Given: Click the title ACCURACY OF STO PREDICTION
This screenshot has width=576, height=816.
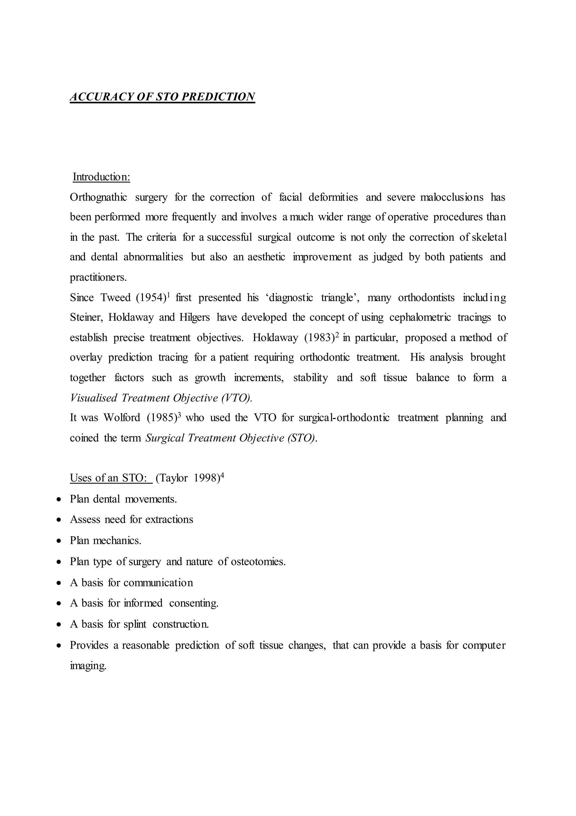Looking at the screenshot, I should point(162,97).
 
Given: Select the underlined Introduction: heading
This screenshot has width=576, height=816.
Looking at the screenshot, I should point(101,177).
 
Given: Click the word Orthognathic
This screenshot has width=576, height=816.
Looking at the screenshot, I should point(98,197).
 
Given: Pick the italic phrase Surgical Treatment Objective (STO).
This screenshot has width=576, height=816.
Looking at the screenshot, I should point(231,438).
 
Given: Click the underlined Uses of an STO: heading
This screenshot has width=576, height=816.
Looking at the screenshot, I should point(111,478).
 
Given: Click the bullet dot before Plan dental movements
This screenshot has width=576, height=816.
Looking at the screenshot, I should point(59,499).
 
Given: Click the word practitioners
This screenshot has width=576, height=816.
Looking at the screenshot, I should point(98,277).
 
